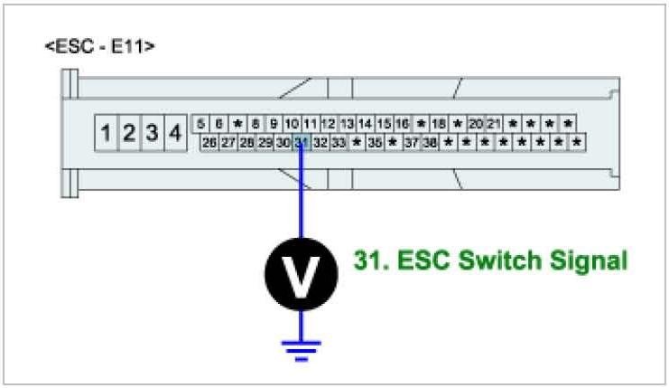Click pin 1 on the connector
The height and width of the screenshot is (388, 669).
[107, 133]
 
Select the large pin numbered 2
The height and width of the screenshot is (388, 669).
[129, 133]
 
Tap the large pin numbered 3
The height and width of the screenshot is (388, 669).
[153, 133]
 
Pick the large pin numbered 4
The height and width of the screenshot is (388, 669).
[175, 133]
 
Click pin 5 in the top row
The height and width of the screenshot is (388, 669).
[200, 124]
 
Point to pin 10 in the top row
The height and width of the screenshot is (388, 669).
[292, 124]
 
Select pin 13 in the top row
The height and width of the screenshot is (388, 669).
[347, 124]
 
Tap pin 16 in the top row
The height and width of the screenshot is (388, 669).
[402, 124]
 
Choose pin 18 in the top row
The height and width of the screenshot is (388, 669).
[439, 124]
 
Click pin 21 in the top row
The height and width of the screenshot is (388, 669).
[494, 124]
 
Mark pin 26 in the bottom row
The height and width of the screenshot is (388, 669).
[209, 142]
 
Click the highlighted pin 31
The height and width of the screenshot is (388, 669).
[302, 142]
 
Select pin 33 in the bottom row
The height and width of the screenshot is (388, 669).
[339, 142]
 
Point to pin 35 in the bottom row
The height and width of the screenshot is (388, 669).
[375, 142]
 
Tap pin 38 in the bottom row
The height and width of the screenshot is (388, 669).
[431, 142]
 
